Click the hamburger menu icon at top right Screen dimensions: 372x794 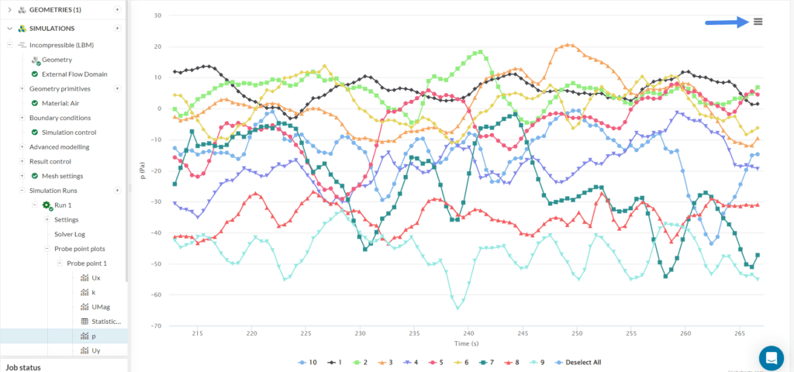tap(758, 22)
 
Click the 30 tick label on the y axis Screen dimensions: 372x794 tap(157, 15)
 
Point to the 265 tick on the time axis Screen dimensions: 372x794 tap(738, 333)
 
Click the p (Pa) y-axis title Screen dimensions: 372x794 tap(142, 170)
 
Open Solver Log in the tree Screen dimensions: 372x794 tap(74, 234)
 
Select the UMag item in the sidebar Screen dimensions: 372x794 tap(101, 307)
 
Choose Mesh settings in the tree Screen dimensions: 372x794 tap(62, 176)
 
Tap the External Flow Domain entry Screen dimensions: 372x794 tap(74, 74)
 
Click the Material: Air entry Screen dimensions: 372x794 tap(66, 103)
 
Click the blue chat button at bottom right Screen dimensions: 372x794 tap(772, 357)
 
